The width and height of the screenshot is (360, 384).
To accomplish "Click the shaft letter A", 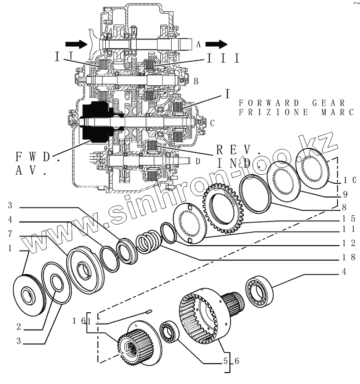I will pyautogui.click(x=198, y=44).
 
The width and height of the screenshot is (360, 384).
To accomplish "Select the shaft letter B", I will pyautogui.click(x=196, y=81).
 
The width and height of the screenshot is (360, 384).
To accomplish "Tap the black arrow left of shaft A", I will pyautogui.click(x=75, y=44).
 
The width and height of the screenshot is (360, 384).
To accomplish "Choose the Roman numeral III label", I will pyautogui.click(x=223, y=58).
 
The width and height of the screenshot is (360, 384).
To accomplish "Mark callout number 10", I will pyautogui.click(x=349, y=179).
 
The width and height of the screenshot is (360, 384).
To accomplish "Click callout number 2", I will pyautogui.click(x=18, y=326).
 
